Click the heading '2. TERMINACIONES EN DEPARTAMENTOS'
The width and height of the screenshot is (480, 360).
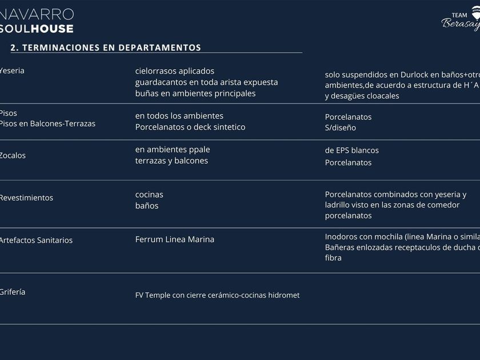click(x=106, y=48)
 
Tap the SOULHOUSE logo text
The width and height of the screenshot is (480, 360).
click(x=37, y=29)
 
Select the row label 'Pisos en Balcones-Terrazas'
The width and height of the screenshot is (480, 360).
click(x=47, y=123)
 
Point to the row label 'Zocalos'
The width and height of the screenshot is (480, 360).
click(x=13, y=155)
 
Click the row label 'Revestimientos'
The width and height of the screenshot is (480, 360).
click(x=26, y=198)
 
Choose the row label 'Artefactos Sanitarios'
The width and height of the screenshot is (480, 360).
click(x=36, y=240)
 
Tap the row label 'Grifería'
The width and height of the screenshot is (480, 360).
click(x=13, y=292)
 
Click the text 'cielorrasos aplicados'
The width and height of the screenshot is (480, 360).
click(x=175, y=71)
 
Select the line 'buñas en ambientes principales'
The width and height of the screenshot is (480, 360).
click(x=195, y=93)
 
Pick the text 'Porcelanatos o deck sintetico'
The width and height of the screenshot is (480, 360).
click(x=190, y=127)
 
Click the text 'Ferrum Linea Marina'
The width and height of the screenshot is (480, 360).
click(x=175, y=239)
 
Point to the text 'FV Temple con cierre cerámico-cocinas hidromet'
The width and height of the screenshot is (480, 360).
click(x=217, y=295)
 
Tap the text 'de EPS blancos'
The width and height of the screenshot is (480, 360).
click(x=352, y=150)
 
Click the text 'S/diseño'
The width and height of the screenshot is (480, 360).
click(x=341, y=127)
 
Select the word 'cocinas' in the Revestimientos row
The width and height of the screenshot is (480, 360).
click(x=149, y=194)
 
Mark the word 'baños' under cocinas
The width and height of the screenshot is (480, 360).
click(x=147, y=206)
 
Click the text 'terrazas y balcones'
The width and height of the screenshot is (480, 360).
click(x=171, y=161)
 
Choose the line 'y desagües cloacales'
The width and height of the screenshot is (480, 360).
click(x=362, y=96)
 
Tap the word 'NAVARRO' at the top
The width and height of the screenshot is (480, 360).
click(x=37, y=14)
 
